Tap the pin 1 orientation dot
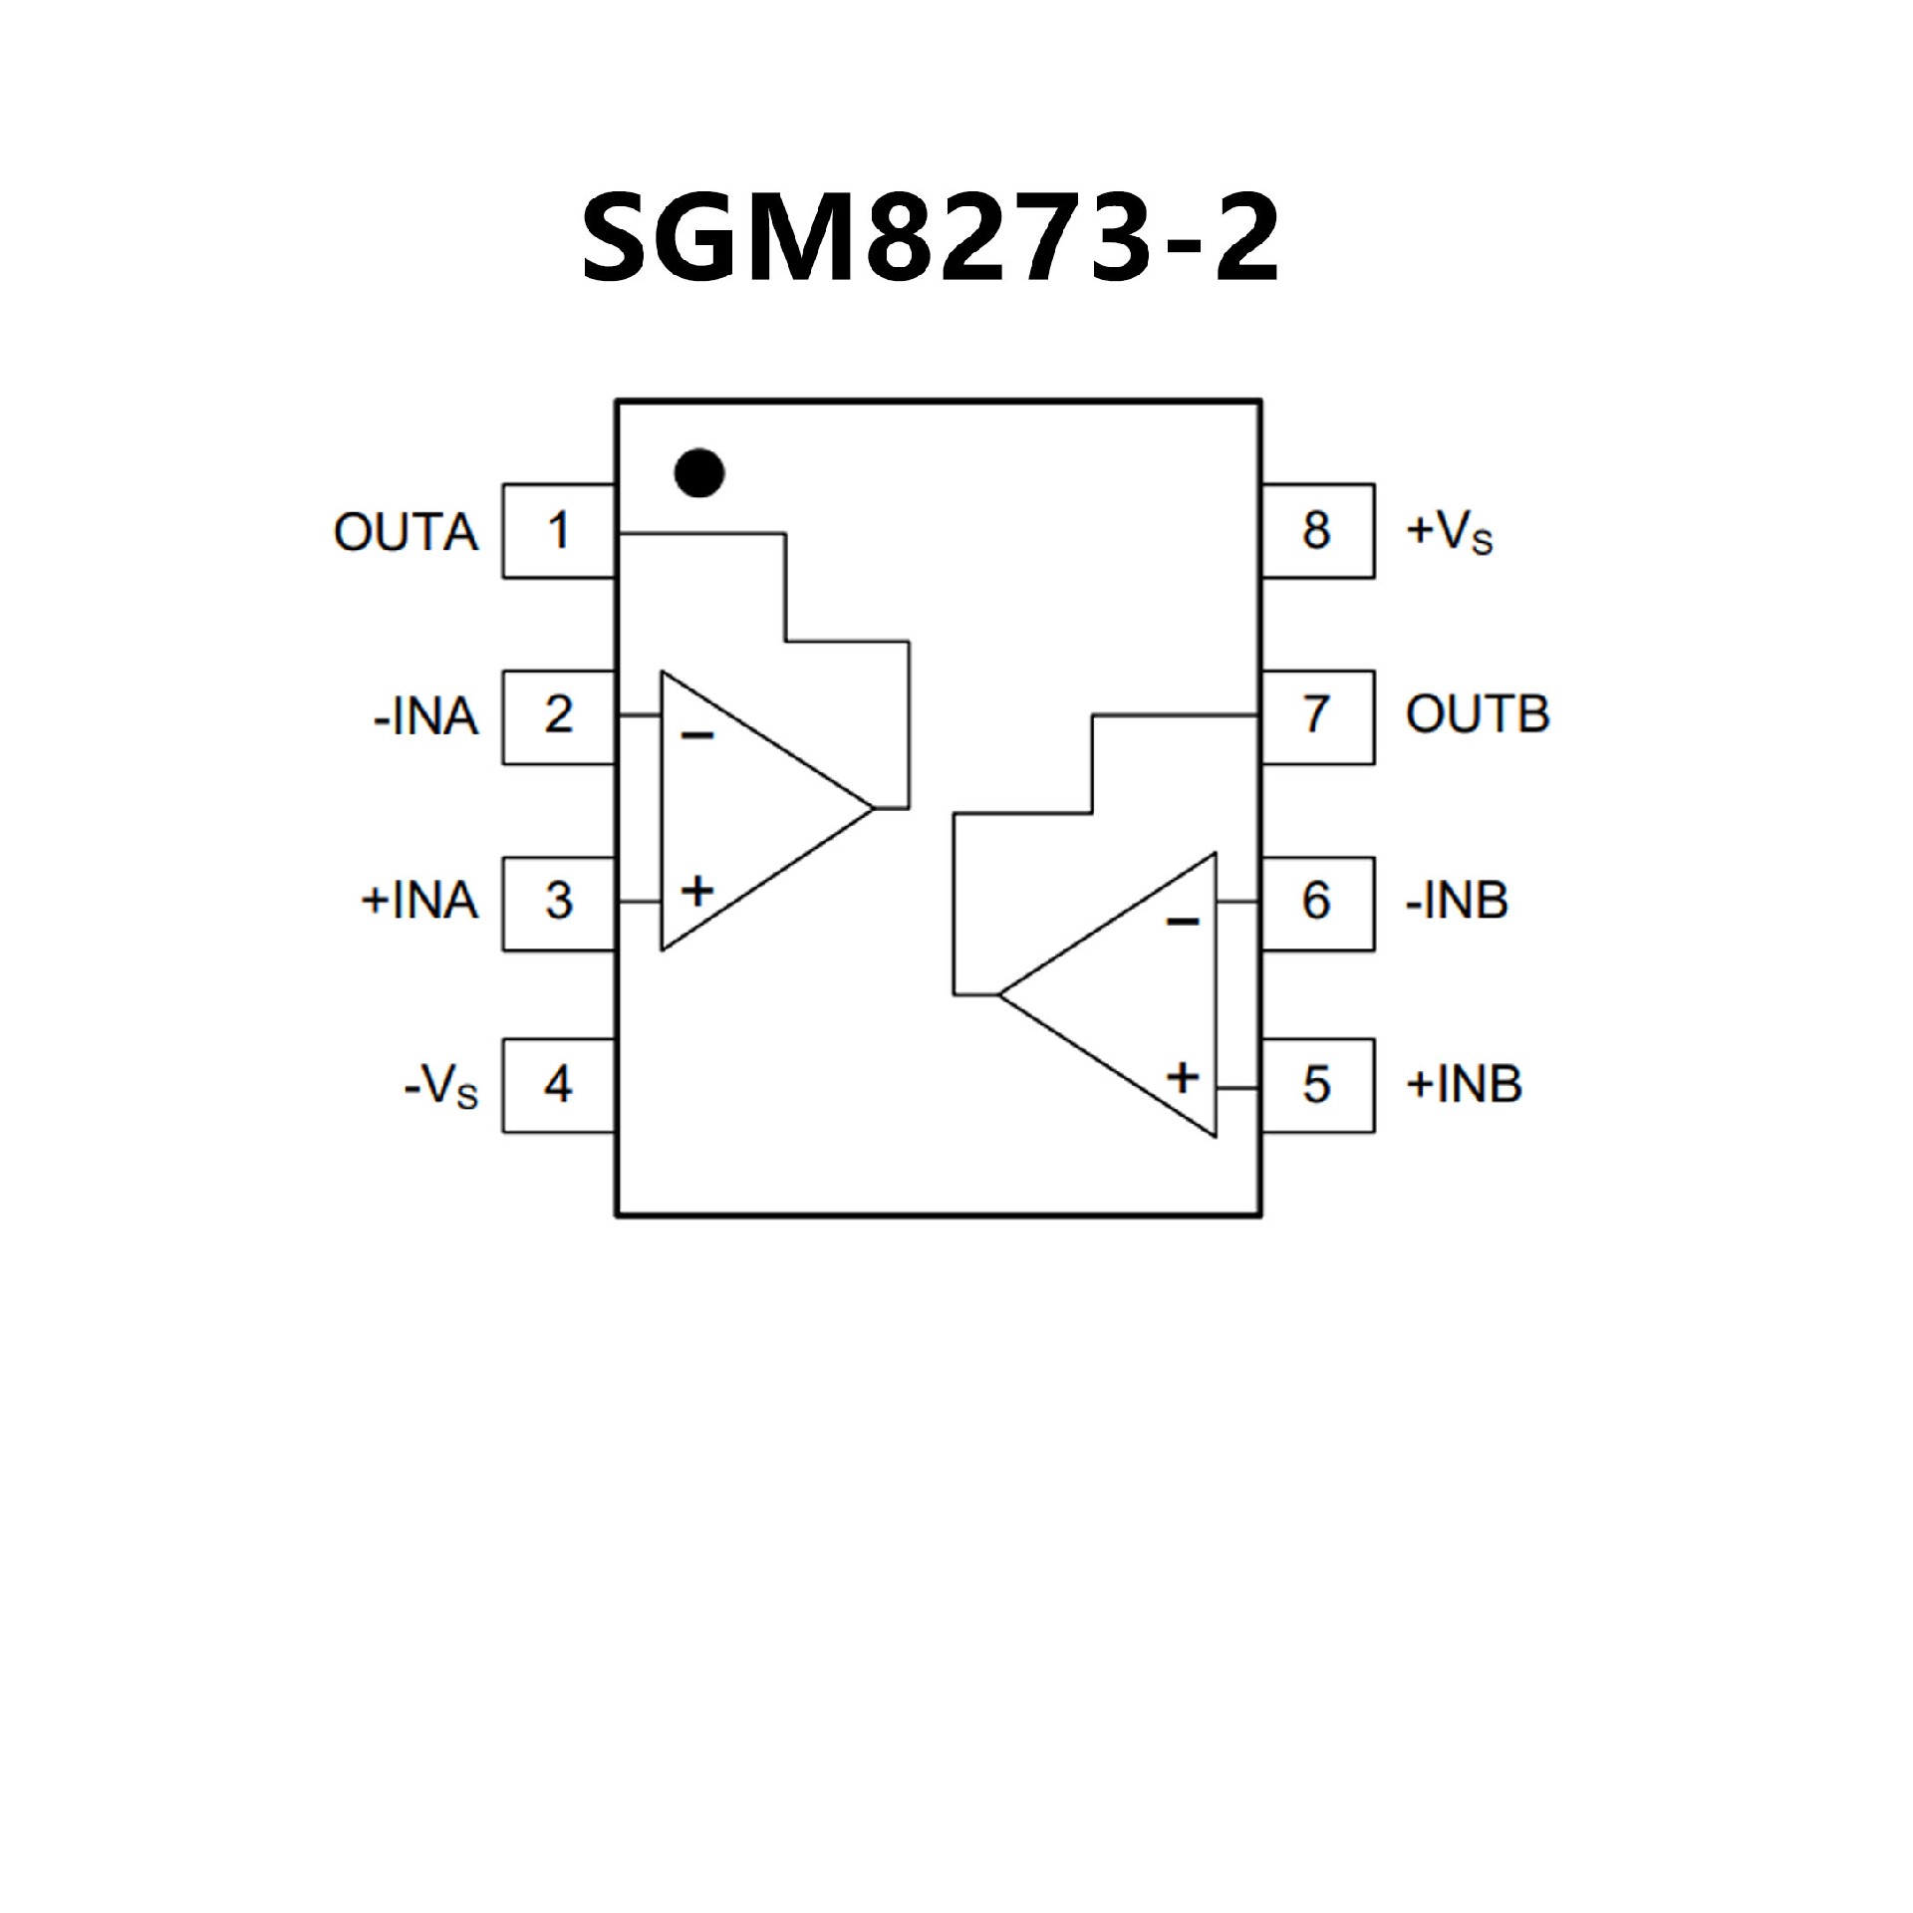(698, 473)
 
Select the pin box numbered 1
(558, 531)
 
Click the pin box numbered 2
(558, 716)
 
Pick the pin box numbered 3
(558, 902)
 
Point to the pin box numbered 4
(558, 1085)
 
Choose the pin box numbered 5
(1317, 1085)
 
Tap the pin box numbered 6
(1317, 902)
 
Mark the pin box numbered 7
(1317, 716)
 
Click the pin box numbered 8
(1317, 531)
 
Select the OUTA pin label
(406, 533)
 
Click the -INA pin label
(425, 717)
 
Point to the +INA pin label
(418, 902)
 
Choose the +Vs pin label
(1450, 533)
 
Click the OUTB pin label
(1478, 715)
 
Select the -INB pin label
(1457, 901)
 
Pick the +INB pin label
(1464, 1085)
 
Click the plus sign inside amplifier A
(697, 890)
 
